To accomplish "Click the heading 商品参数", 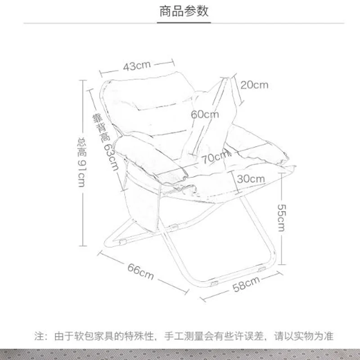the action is (x=184, y=11).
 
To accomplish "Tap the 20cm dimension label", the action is (x=254, y=85).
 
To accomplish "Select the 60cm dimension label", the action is (x=204, y=114).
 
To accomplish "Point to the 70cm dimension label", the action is (x=216, y=157).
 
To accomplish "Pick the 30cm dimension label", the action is (x=251, y=178).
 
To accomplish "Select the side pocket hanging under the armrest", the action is (x=142, y=202).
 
